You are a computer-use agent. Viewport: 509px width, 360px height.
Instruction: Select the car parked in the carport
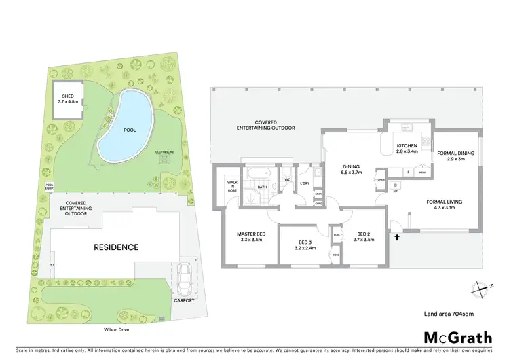[183, 276]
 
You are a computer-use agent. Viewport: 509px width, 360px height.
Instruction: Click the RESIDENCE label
[116, 247]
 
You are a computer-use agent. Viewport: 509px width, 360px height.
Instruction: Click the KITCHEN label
[408, 147]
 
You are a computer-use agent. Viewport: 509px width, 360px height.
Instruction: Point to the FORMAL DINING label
[455, 156]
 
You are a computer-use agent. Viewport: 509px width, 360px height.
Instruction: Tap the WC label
[287, 179]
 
